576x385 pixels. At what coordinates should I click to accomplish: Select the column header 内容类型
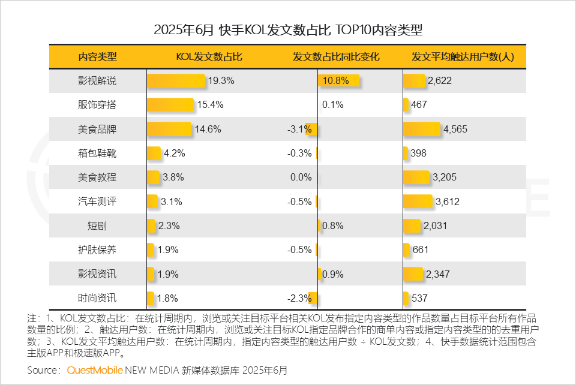pyautogui.click(x=97, y=57)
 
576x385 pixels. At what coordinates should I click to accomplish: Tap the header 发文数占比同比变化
pyautogui.click(x=336, y=57)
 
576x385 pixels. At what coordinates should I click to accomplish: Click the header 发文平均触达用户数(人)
pyautogui.click(x=462, y=57)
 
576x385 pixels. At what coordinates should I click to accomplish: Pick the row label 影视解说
pyautogui.click(x=97, y=80)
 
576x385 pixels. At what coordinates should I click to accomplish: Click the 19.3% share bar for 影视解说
pyautogui.click(x=176, y=80)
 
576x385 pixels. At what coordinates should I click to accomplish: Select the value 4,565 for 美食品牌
pyautogui.click(x=455, y=129)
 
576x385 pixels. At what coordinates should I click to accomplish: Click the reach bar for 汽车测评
pyautogui.click(x=418, y=201)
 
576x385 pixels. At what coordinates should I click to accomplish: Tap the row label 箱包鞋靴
pyautogui.click(x=97, y=153)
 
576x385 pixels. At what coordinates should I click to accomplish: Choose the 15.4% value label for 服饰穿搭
pyautogui.click(x=210, y=105)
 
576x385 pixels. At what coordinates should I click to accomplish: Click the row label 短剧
pyautogui.click(x=97, y=226)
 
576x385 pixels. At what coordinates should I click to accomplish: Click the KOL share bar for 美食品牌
pyautogui.click(x=169, y=129)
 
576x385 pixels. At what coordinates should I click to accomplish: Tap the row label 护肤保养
pyautogui.click(x=97, y=250)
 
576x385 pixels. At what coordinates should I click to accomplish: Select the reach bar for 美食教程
pyautogui.click(x=417, y=178)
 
